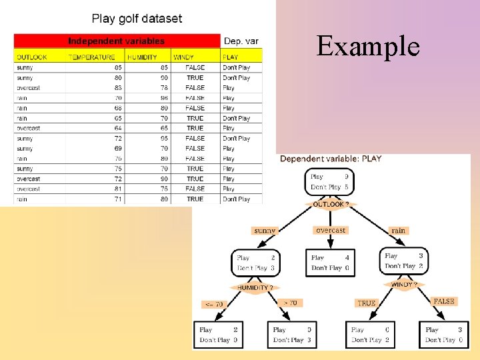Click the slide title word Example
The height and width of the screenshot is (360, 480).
368,47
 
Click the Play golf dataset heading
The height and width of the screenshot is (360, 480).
137,19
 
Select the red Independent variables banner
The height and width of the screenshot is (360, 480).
117,41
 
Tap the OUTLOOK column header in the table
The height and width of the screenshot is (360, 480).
32,57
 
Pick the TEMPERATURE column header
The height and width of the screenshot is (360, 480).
91,57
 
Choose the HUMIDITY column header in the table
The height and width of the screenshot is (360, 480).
142,57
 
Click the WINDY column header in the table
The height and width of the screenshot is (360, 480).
183,57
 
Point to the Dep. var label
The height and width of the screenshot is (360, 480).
241,41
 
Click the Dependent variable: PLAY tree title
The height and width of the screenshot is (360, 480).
331,159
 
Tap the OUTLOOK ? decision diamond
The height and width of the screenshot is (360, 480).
331,205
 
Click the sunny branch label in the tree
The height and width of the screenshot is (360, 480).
265,231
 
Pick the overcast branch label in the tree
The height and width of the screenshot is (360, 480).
331,230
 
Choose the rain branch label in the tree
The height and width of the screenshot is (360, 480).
398,231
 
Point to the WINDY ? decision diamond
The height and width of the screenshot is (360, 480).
405,285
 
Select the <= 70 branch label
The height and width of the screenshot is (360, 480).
215,304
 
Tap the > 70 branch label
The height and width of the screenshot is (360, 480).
291,303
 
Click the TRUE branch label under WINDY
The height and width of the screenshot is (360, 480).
366,303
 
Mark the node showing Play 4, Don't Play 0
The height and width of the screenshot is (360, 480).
330,263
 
